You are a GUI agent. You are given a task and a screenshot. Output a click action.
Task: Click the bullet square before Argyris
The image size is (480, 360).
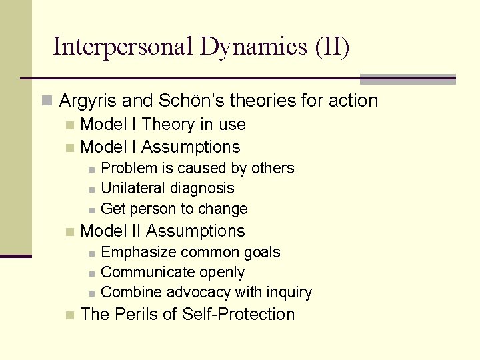click(46, 101)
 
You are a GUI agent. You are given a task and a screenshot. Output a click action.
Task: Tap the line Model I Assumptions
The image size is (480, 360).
click(160, 147)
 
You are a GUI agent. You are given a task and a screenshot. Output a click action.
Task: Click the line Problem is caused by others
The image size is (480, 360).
click(197, 168)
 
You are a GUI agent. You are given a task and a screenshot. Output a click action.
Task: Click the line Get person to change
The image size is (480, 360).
click(174, 209)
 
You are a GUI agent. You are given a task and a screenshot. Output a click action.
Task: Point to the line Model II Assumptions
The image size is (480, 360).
click(163, 231)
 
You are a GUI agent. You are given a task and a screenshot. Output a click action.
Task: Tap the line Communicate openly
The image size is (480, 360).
click(173, 272)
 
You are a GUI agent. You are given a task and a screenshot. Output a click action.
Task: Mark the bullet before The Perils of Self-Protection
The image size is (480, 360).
click(69, 315)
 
